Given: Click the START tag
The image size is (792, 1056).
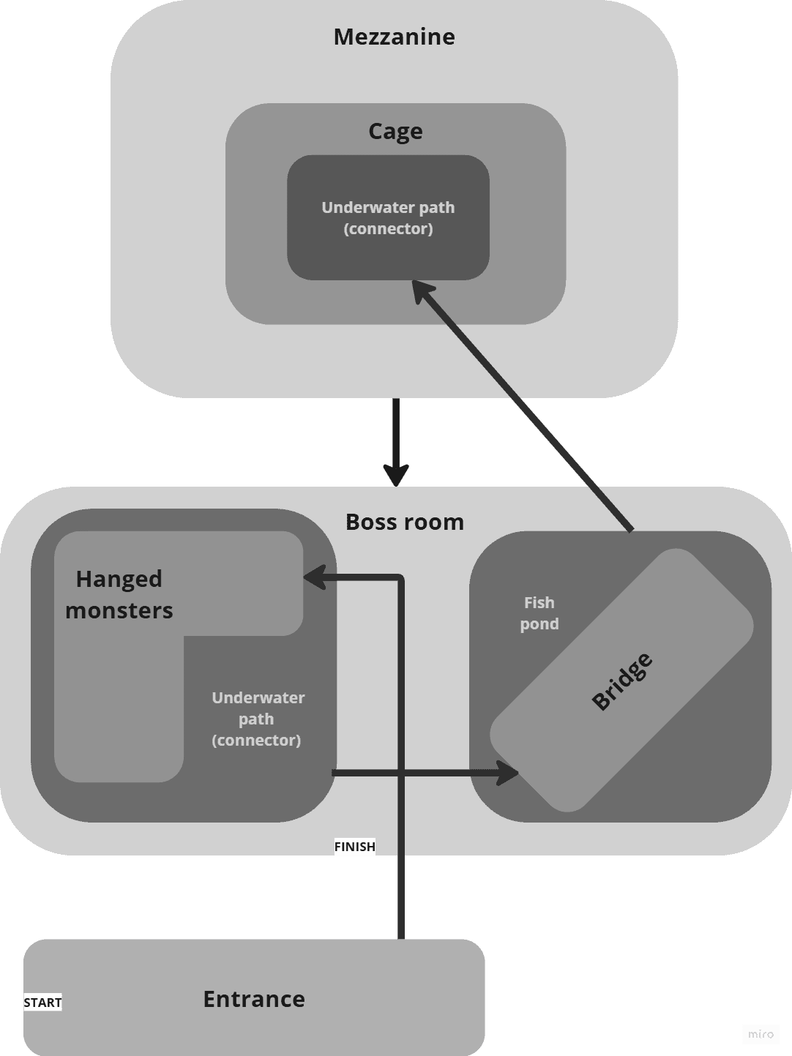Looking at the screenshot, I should (x=42, y=1003).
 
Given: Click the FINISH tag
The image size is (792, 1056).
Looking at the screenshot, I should (x=354, y=847).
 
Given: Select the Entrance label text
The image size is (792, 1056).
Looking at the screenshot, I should (x=254, y=999).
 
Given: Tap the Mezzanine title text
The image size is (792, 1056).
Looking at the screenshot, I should (x=395, y=37).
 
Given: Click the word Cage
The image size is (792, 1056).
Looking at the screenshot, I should (x=395, y=132).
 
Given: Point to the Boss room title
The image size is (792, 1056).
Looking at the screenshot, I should (x=405, y=522).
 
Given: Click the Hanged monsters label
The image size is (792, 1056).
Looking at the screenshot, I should (x=119, y=594).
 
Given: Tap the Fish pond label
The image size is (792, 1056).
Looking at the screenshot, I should (x=539, y=613).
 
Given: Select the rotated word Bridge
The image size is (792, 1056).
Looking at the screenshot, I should (x=622, y=681).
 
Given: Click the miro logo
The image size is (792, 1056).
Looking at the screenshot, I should (x=761, y=1034).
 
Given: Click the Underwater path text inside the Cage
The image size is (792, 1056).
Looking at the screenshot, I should (x=388, y=218).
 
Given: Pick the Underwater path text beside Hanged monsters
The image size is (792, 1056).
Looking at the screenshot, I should (x=257, y=719).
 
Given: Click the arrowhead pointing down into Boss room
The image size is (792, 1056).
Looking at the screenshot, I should (x=396, y=475).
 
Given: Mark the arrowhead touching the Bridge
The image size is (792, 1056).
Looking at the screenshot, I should (x=507, y=773).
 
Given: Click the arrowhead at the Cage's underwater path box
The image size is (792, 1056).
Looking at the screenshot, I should (x=422, y=291).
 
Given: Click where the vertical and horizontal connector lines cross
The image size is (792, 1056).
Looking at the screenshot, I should (x=401, y=772).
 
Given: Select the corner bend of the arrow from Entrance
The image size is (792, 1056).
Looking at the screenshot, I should (x=401, y=578).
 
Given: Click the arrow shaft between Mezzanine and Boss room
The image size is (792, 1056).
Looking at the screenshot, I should (x=396, y=432).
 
